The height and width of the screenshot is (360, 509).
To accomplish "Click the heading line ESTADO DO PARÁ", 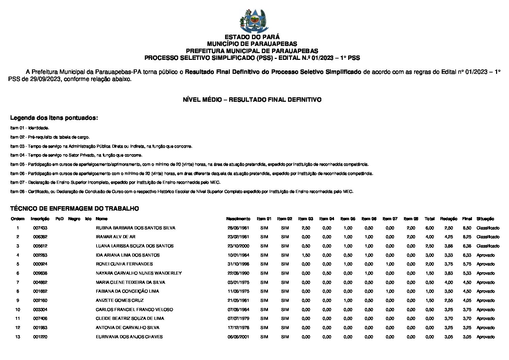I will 252,37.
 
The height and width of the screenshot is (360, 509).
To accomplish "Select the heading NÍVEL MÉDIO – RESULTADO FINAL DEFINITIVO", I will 252,100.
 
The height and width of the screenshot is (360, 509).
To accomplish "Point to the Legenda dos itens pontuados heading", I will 54,118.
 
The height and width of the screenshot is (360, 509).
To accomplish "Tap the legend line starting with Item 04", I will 76,155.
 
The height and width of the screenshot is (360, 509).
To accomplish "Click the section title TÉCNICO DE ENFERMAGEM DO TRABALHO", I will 74,209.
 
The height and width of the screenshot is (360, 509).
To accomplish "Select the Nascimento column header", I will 238,219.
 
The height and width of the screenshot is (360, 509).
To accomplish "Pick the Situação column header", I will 485,219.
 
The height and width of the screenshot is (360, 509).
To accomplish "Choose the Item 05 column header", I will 348,219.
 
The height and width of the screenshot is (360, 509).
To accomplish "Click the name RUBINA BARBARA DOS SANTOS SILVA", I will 135,228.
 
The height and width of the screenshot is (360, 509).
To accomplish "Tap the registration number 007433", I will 40,228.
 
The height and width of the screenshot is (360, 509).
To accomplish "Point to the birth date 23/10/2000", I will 238,246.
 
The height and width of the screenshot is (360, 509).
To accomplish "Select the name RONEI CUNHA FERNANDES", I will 124,264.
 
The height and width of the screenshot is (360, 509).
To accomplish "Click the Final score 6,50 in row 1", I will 467,228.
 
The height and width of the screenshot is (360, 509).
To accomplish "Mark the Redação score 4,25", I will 448,237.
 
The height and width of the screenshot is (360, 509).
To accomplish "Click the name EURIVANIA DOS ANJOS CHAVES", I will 129,337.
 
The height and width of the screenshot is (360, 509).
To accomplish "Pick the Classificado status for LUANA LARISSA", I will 488,246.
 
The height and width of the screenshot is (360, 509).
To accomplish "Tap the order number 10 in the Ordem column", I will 18,310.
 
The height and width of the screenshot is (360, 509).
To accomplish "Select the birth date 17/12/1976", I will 238,328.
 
